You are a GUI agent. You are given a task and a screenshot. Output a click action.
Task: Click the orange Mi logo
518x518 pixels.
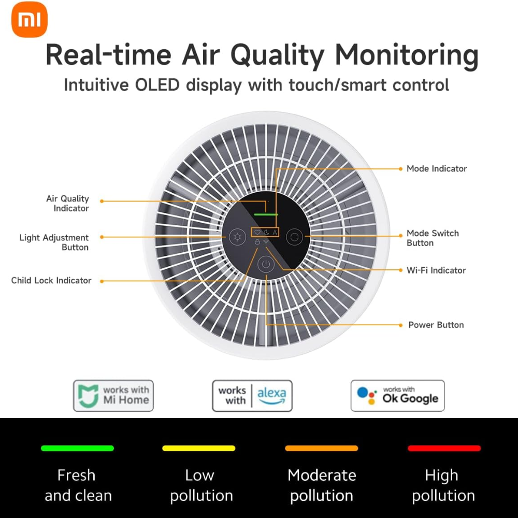coord(30,20)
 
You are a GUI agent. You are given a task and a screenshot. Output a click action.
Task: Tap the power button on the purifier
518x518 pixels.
coord(266,264)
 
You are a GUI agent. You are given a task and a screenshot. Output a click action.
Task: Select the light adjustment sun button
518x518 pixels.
coord(237,237)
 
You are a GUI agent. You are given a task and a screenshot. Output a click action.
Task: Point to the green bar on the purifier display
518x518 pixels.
coord(266,214)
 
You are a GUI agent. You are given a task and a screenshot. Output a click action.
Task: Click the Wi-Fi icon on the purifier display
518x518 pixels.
coord(266,242)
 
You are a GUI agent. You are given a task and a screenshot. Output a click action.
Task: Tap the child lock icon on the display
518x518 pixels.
coord(257,242)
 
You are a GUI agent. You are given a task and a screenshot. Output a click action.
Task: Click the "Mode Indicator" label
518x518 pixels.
coord(437,168)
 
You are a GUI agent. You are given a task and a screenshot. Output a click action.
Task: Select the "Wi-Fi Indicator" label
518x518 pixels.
coord(436,270)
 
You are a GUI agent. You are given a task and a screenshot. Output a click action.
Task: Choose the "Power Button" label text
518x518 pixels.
coord(436,325)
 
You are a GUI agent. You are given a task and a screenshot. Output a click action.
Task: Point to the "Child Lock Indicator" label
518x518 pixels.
coord(51,280)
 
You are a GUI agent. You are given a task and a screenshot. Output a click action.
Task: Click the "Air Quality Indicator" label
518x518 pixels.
coord(68,203)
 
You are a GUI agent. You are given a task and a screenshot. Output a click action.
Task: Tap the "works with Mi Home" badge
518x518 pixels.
coord(113,395)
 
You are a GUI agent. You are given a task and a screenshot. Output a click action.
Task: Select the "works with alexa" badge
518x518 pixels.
coord(252,395)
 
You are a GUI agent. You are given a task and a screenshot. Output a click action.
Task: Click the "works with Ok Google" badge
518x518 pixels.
coord(398,395)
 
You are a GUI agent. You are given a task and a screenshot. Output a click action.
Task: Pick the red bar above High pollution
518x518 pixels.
coord(444,448)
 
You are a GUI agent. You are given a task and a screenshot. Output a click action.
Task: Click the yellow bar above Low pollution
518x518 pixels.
coord(199,448)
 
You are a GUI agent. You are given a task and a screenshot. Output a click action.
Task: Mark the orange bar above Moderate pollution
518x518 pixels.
coord(322,448)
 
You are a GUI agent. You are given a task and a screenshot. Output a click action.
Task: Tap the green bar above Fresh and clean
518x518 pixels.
coord(77,448)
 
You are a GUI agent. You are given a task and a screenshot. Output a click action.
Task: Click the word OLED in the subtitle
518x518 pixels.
coord(157,85)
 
